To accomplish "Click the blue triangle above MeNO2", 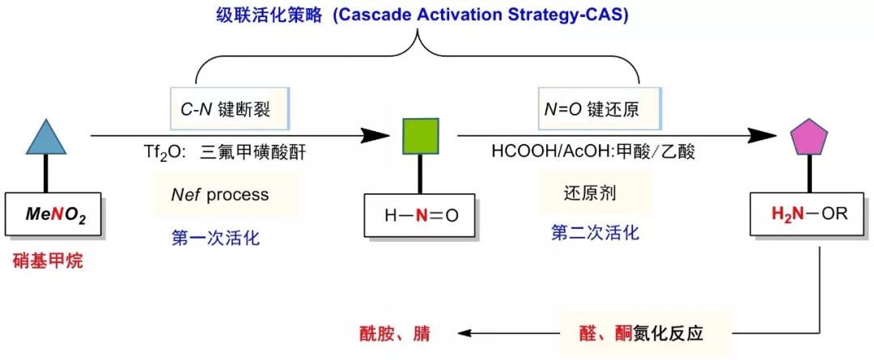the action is coord(46,139).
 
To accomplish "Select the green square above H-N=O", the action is coord(421,136).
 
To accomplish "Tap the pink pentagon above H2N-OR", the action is coord(809,137).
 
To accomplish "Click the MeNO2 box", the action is coord(54,214).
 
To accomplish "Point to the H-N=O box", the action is coord(421,215).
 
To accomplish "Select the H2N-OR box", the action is coord(810,214).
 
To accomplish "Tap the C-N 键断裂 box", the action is coord(230,109).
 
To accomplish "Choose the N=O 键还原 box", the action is coord(600,109).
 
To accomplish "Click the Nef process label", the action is coord(219,194).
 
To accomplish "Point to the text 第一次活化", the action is coord(215,239).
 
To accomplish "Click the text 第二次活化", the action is coord(596,232).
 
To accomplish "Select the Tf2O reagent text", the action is coord(225,153).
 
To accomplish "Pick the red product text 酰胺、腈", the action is coord(394,334).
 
